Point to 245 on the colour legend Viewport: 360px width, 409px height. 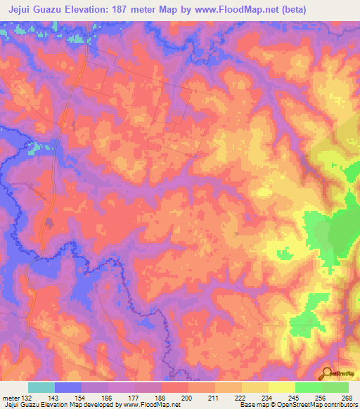295,397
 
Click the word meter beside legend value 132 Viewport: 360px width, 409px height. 10,397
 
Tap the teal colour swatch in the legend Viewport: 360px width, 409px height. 41,387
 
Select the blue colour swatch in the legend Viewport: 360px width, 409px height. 67,387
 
